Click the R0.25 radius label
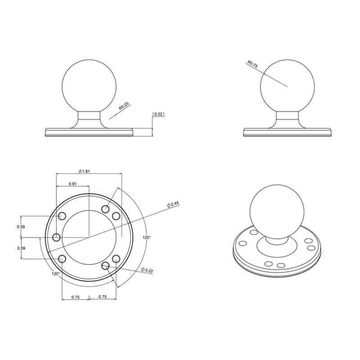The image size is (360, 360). pos(123,107)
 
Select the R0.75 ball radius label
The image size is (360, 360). pos(252,64)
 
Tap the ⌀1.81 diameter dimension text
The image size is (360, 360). pos(85,171)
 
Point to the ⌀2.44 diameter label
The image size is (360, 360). pos(173,204)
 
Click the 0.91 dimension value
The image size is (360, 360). pos(72,184)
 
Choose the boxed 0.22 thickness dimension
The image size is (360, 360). pos(158,114)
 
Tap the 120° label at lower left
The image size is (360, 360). pos(56,273)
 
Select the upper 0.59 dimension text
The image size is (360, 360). pos(21,227)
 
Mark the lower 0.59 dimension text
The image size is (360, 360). pos(21,248)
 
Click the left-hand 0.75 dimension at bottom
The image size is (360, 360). pos(75,297)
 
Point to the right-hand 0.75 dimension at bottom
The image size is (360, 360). pos(102,297)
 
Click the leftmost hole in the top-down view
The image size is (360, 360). pos(57,237)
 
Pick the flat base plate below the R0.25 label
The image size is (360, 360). pos(90,132)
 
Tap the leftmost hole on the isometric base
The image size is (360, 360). pos(243,243)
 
